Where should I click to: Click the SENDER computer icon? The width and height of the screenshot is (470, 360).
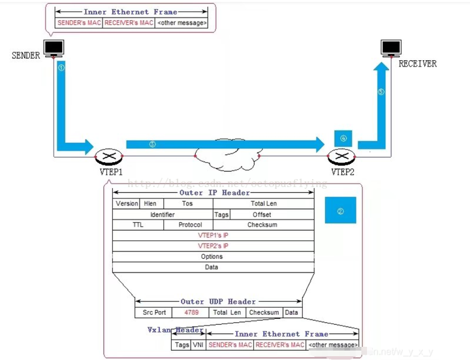pyautogui.click(x=54, y=48)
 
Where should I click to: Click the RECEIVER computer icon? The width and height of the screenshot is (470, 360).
pyautogui.click(x=391, y=48)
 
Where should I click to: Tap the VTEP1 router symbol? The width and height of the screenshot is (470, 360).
pyautogui.click(x=106, y=157)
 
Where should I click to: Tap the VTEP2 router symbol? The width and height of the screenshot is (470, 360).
pyautogui.click(x=341, y=157)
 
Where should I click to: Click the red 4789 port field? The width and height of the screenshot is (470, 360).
pyautogui.click(x=191, y=312)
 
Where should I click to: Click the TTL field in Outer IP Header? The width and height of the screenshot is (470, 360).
pyautogui.click(x=138, y=225)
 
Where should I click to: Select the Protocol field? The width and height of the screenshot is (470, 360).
pyautogui.click(x=190, y=225)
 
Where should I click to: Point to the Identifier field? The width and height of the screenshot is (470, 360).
pyautogui.click(x=163, y=214)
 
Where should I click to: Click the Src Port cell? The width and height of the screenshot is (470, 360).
pyautogui.click(x=154, y=312)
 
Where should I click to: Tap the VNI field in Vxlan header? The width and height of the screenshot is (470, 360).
pyautogui.click(x=198, y=344)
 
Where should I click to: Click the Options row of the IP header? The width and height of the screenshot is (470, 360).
pyautogui.click(x=213, y=256)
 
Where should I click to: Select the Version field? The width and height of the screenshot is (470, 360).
pyautogui.click(x=127, y=203)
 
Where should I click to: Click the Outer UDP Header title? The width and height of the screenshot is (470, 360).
pyautogui.click(x=218, y=301)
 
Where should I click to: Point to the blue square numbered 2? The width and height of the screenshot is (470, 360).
pyautogui.click(x=340, y=211)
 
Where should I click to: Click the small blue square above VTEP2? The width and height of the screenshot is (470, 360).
pyautogui.click(x=343, y=138)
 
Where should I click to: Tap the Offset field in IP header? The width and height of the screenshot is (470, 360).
pyautogui.click(x=262, y=214)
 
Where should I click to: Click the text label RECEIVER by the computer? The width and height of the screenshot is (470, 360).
pyautogui.click(x=418, y=63)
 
